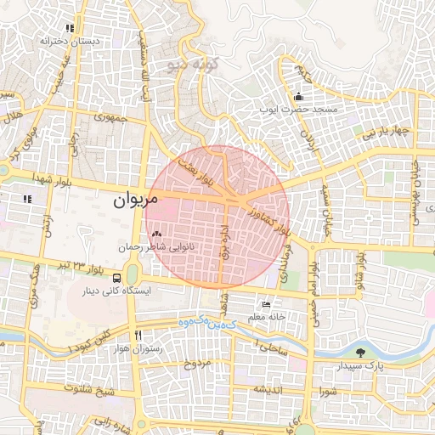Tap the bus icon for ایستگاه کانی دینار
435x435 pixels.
(x=116, y=278)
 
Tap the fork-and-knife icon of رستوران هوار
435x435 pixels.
(x=137, y=335)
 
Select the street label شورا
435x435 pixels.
(x=328, y=392)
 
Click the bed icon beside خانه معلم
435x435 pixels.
(x=267, y=304)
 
